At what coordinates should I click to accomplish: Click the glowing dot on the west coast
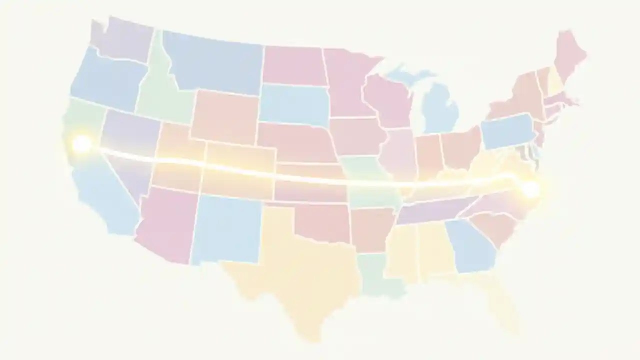tap(81, 144)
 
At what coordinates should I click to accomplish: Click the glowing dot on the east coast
tap(531, 189)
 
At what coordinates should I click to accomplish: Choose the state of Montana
tap(215, 62)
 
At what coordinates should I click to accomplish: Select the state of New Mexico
tap(227, 227)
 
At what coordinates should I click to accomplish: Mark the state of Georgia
tap(470, 245)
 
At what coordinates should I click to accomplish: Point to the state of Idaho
tap(160, 90)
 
